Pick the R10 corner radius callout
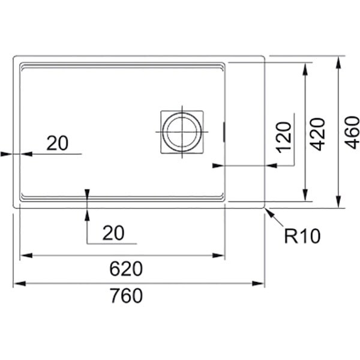[302, 236]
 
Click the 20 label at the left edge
[57, 143]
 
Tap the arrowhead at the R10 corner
[269, 211]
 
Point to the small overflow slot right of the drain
[224, 131]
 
